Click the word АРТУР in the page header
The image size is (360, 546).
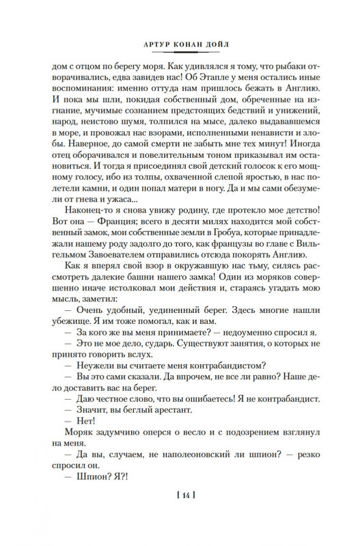pyautogui.click(x=144, y=48)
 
